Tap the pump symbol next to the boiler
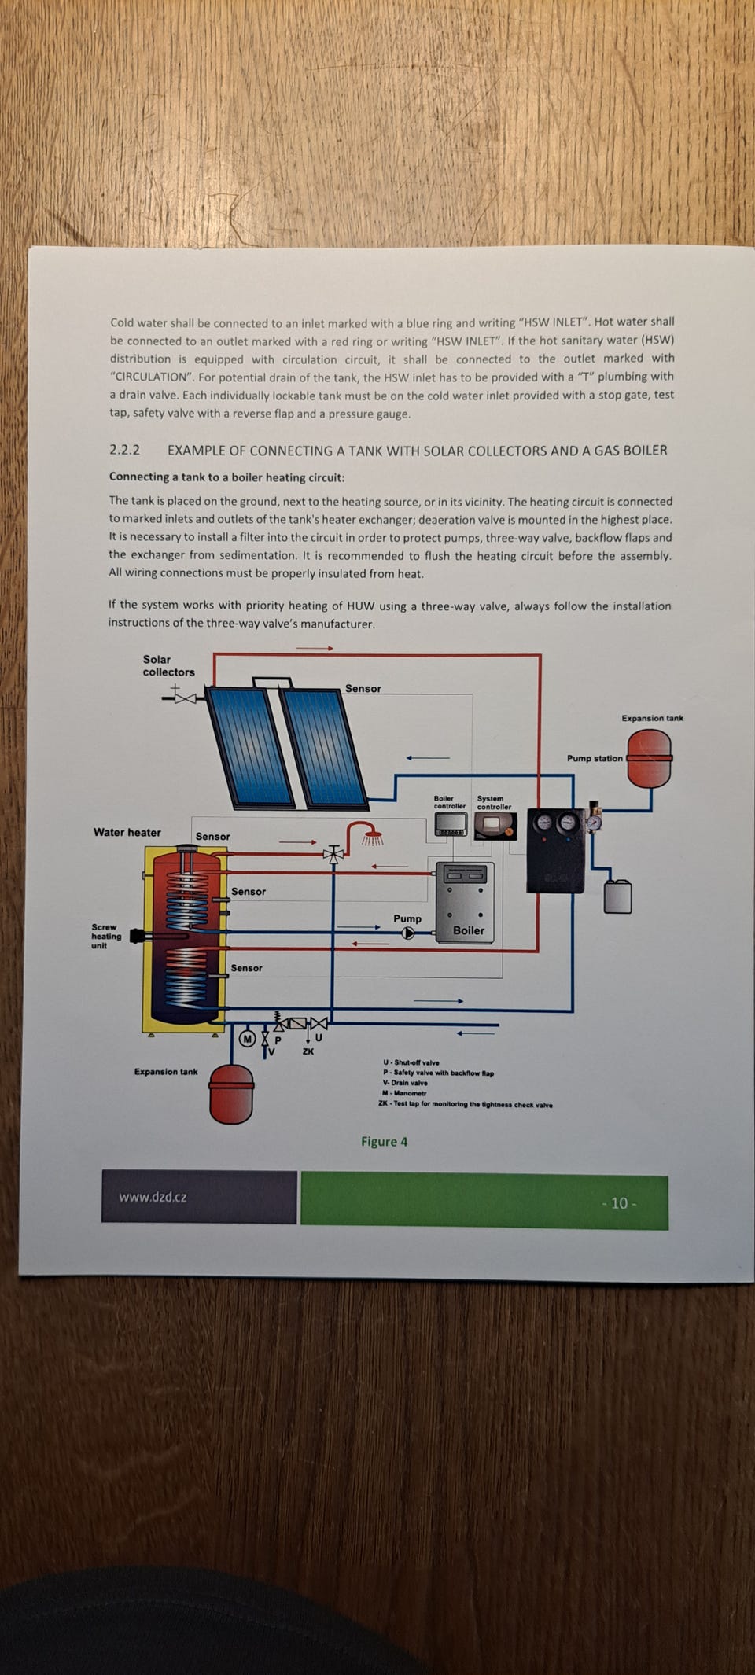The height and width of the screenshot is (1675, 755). coord(407,933)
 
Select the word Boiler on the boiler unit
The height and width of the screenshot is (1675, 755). coord(469,930)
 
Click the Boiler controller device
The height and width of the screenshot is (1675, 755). coord(451,824)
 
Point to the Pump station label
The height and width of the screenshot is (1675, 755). coord(595,758)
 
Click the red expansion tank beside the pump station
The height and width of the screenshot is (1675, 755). coord(650,759)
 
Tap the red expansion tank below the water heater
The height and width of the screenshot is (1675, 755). coord(231,1094)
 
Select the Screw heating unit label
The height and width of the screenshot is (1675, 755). coord(105,936)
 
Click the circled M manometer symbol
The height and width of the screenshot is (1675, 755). coord(248,1039)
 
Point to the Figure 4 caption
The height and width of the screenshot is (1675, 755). coord(385,1142)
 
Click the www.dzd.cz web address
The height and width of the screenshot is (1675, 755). coord(153,1197)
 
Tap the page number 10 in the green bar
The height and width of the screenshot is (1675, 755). coord(619,1203)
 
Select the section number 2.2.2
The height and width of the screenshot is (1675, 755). coord(124,450)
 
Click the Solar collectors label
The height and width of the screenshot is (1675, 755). coord(168,665)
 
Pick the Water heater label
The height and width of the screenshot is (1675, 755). coord(127,832)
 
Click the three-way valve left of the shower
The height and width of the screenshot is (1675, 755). coord(334,853)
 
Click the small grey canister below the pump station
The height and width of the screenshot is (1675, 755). coord(618,896)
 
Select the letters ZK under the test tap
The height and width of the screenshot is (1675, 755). coord(308,1051)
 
